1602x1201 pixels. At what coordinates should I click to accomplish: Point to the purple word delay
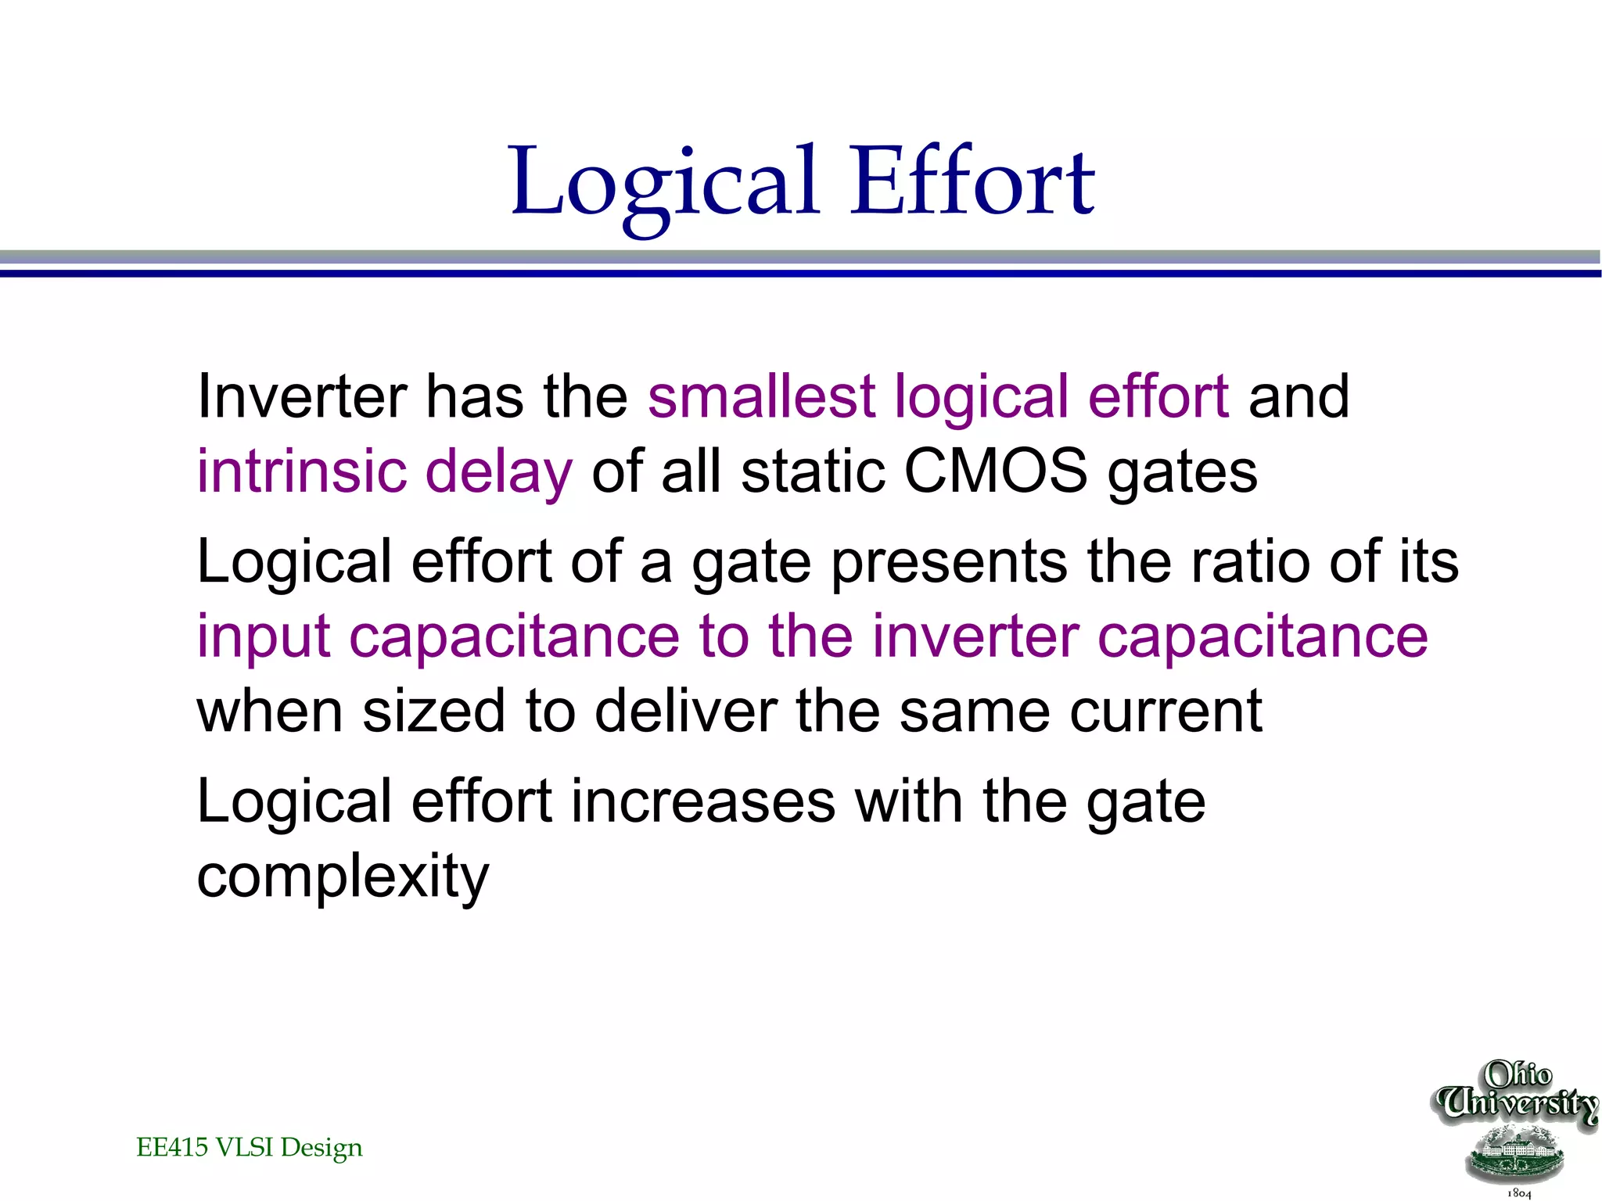[498, 472]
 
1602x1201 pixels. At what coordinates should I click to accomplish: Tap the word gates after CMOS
[1182, 474]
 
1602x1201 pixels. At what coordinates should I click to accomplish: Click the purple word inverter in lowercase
[975, 635]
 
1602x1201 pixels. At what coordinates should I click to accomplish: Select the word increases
[703, 801]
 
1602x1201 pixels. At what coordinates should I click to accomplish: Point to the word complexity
[343, 877]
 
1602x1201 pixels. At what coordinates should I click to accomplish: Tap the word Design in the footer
[321, 1148]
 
